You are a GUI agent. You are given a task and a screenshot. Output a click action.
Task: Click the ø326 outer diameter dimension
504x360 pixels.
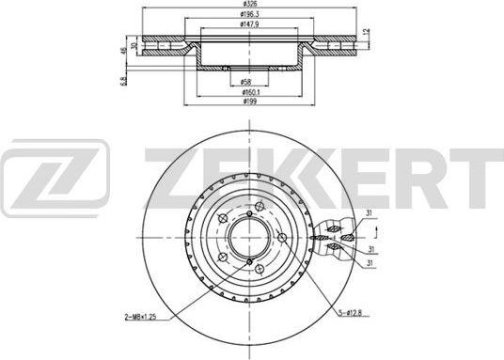[x=247, y=6]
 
